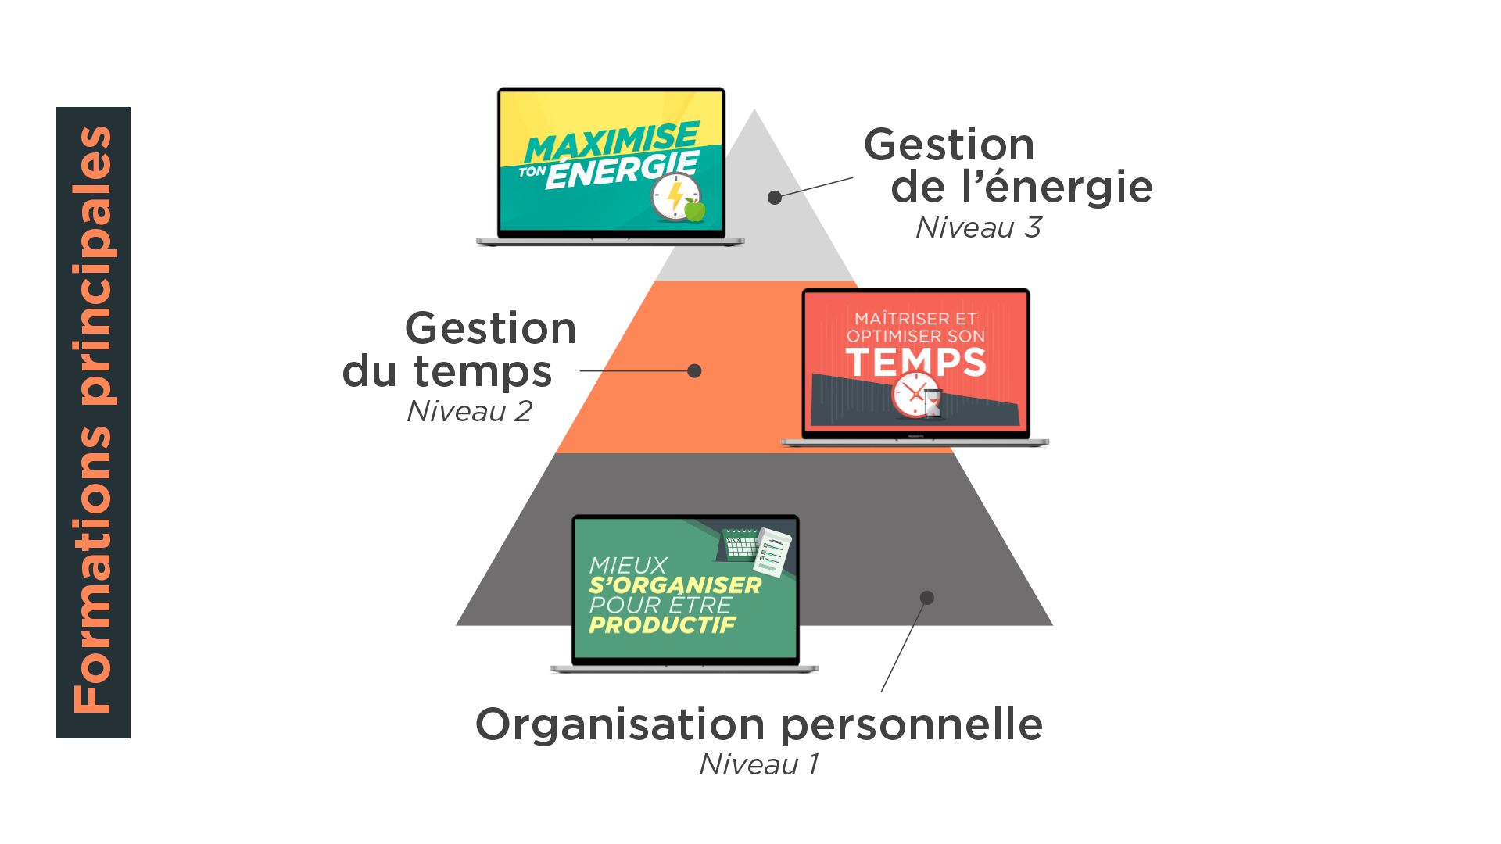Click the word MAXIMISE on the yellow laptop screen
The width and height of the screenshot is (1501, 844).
[611, 141]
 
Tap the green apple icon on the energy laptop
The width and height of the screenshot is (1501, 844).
[694, 209]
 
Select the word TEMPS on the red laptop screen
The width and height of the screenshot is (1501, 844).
[915, 362]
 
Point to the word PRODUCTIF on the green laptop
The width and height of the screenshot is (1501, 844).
[662, 625]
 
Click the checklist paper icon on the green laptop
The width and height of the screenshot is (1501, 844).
[773, 552]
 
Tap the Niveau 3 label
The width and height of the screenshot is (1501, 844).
[978, 227]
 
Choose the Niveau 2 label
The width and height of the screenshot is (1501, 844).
[469, 411]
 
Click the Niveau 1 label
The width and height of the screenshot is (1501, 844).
[758, 764]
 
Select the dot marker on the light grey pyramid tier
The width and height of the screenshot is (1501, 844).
[775, 198]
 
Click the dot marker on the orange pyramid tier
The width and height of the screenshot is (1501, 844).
[694, 371]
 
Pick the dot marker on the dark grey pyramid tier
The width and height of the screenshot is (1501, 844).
[927, 598]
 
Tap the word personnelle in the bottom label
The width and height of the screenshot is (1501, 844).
[912, 725]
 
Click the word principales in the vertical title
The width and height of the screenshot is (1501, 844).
[94, 266]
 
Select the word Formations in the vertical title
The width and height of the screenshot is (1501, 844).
[94, 570]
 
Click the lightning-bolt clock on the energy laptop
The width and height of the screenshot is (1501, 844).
[675, 196]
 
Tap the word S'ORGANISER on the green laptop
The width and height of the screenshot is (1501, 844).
[675, 585]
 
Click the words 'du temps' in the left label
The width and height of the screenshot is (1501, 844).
[448, 371]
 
